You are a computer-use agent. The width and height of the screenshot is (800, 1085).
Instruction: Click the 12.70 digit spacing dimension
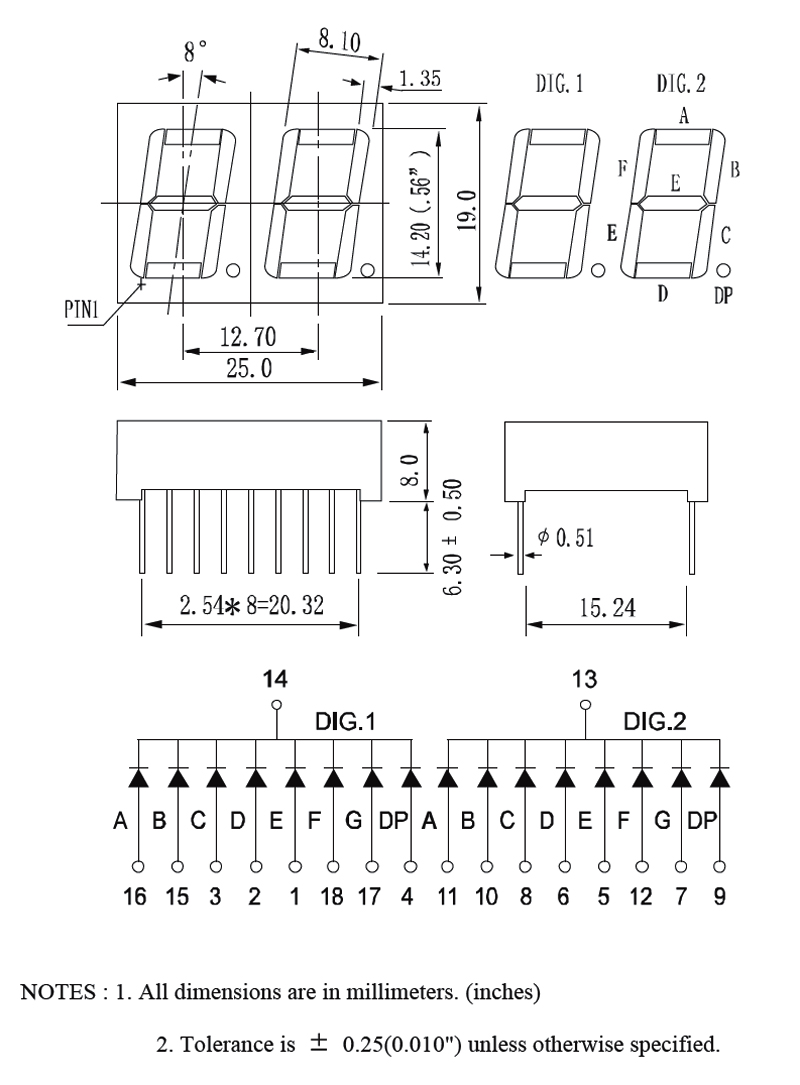pyautogui.click(x=248, y=338)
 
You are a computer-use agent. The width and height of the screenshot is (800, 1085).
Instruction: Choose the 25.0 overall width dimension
pyautogui.click(x=248, y=369)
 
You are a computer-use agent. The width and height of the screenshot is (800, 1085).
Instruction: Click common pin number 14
pyautogui.click(x=275, y=680)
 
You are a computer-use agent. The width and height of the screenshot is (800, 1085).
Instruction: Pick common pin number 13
pyautogui.click(x=585, y=680)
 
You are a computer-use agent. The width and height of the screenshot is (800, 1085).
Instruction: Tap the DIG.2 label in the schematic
pyautogui.click(x=655, y=721)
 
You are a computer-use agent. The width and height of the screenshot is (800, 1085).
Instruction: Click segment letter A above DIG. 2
pyautogui.click(x=684, y=116)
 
